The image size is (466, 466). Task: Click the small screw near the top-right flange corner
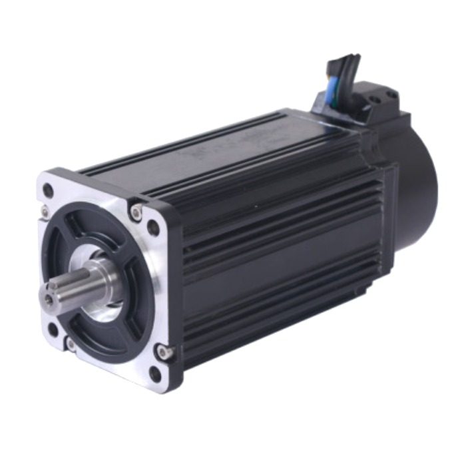[136, 212]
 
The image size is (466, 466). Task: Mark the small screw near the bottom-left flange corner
[69, 344]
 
